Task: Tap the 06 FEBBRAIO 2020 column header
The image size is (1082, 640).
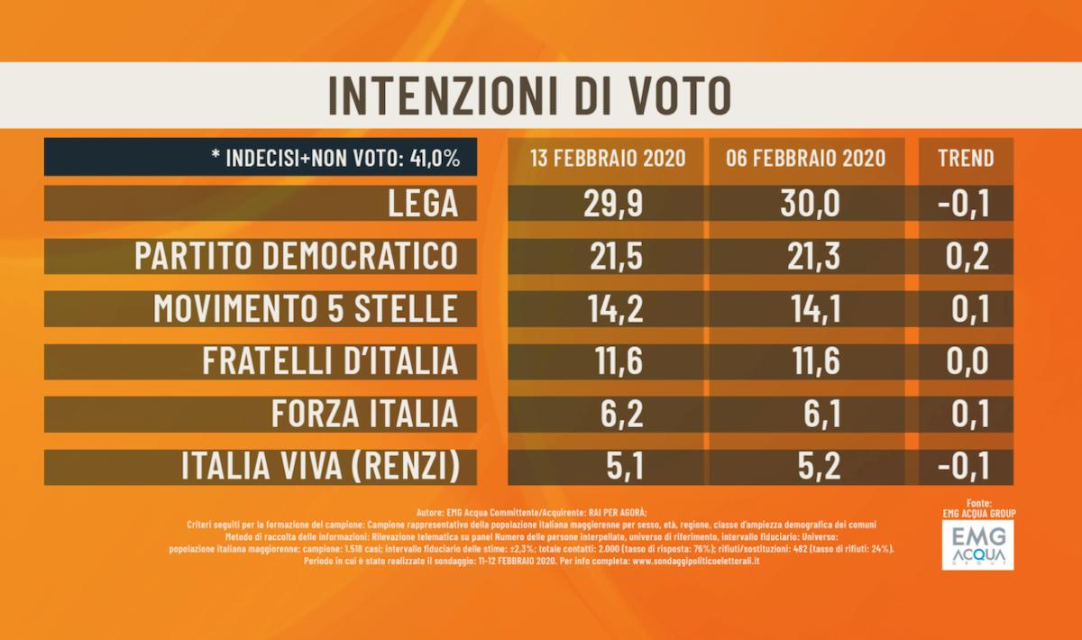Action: pos(805,158)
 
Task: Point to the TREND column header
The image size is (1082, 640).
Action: pos(966,158)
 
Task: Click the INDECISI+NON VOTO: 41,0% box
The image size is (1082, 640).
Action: pos(261,158)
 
